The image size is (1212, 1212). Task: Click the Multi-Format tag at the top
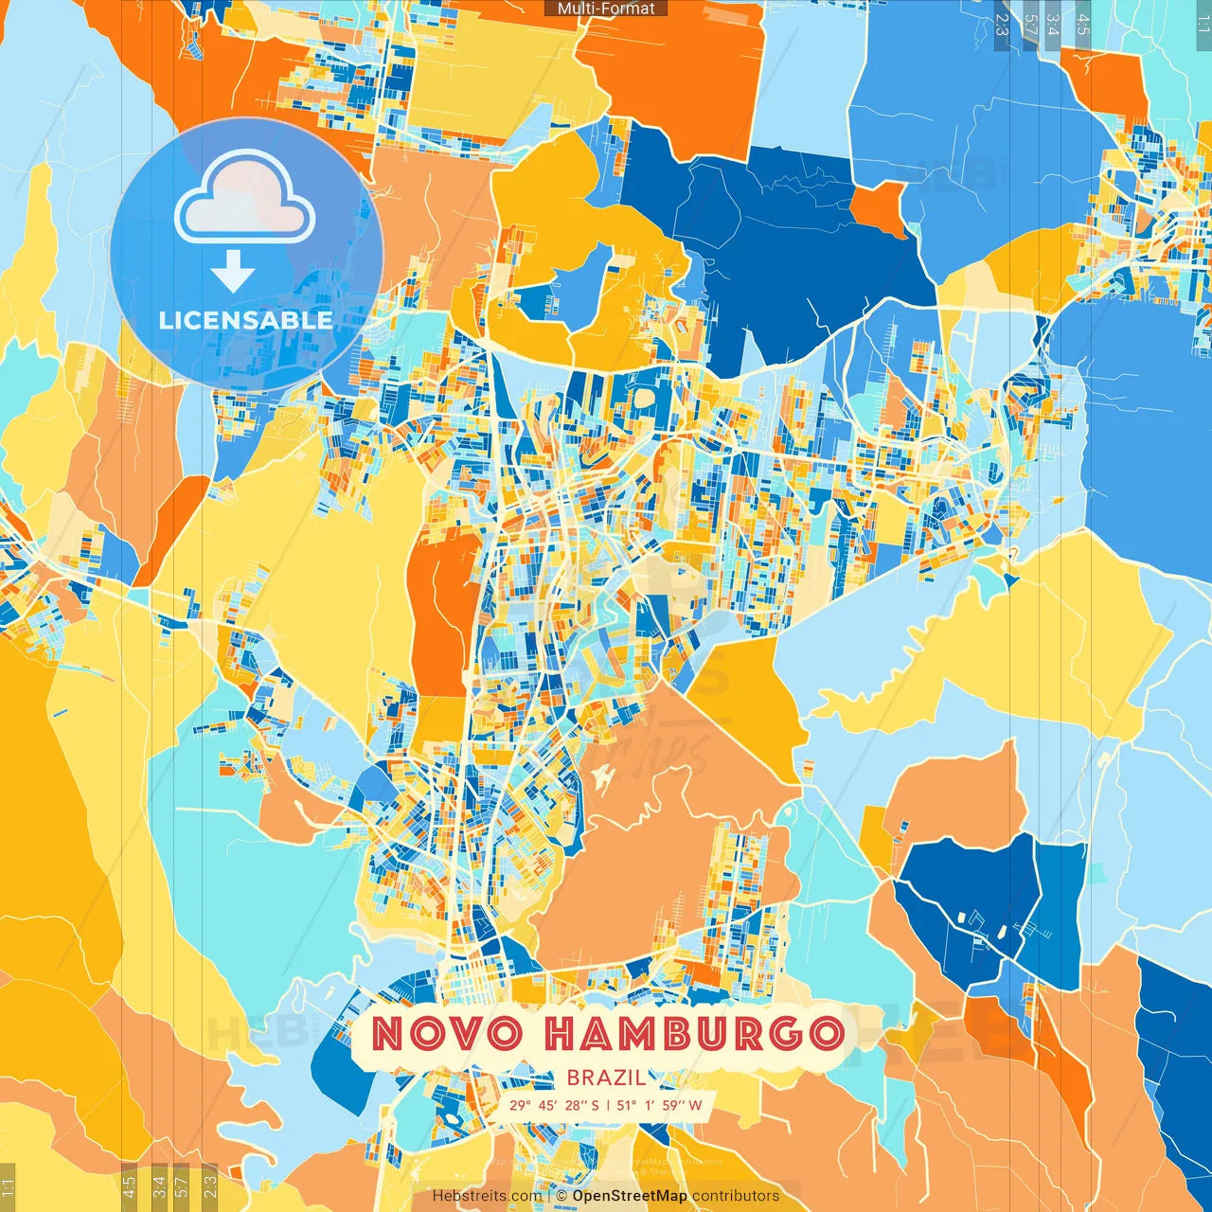(606, 9)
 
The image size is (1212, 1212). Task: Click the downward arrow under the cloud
(233, 273)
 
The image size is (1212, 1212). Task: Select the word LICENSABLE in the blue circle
(246, 320)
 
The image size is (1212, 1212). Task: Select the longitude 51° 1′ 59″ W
(660, 1105)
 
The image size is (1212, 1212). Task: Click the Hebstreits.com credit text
(487, 1196)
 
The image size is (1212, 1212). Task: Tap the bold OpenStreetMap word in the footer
(629, 1196)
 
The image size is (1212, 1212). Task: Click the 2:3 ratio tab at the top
(1002, 25)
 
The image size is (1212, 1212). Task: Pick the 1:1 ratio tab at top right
(1203, 25)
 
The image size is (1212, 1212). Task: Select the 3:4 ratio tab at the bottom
(159, 1186)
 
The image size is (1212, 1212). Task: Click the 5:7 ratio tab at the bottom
(183, 1186)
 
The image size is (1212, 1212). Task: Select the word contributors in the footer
(736, 1196)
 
